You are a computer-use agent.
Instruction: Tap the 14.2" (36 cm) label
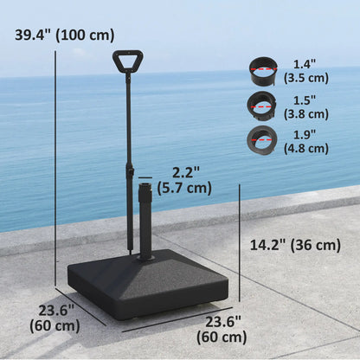[x=292, y=245]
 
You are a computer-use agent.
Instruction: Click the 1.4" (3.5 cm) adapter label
[x=304, y=70]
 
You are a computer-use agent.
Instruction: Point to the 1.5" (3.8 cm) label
[x=305, y=106]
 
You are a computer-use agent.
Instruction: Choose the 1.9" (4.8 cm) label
[x=305, y=141]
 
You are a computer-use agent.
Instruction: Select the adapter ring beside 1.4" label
[x=261, y=68]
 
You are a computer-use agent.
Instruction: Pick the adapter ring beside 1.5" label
[x=261, y=104]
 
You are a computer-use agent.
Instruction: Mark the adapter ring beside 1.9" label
[x=261, y=138]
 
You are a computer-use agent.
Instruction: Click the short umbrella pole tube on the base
[x=145, y=216]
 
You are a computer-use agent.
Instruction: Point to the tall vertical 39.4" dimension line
[x=56, y=164]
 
